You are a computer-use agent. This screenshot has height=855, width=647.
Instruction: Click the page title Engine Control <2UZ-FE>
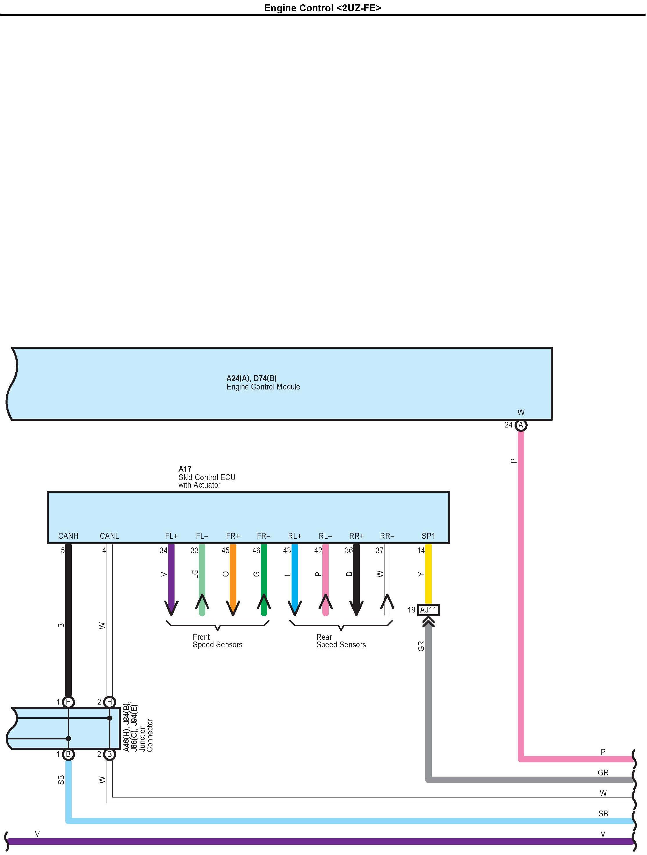[322, 8]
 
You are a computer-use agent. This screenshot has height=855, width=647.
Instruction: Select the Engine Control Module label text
[263, 387]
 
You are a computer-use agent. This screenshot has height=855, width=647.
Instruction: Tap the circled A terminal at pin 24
[521, 425]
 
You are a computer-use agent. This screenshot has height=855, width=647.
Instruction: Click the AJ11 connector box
[428, 610]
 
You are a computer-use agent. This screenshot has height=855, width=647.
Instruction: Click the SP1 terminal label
[428, 536]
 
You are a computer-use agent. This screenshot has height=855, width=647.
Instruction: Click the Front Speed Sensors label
[217, 641]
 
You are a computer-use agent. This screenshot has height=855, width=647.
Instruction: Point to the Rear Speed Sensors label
[341, 641]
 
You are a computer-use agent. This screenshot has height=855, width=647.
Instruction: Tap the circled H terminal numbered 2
[109, 702]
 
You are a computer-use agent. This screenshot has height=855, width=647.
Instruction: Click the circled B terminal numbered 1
[69, 754]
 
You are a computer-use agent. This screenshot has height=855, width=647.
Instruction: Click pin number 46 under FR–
[256, 550]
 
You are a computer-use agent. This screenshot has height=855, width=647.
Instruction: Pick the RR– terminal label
[387, 536]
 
